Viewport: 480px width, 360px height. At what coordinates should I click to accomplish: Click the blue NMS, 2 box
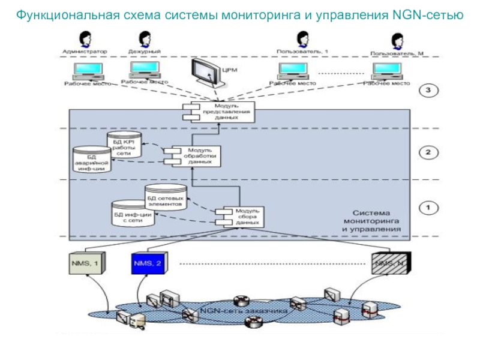pos(148,263)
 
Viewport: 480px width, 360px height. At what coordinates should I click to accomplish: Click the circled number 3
pos(428,91)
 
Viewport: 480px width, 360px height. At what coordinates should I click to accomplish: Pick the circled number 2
pos(428,152)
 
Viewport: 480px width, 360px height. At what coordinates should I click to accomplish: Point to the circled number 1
pos(428,208)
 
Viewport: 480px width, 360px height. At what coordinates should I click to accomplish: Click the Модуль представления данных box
pos(220,112)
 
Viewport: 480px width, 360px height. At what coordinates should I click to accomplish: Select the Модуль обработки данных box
pos(196,156)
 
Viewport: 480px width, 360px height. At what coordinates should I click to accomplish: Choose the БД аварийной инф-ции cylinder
pos(90,161)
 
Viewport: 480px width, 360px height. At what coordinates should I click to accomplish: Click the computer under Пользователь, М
pos(389,71)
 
